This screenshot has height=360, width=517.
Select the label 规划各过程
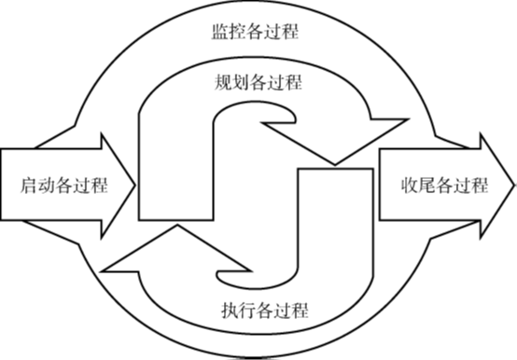coord(256,82)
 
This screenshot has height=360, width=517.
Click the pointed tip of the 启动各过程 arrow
coord(134,185)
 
